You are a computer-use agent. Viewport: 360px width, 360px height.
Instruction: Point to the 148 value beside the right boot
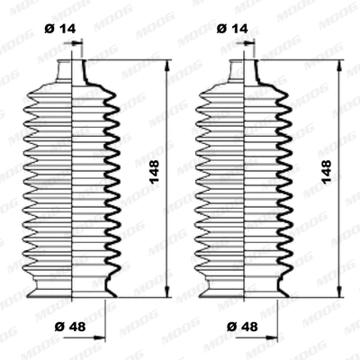(326, 168)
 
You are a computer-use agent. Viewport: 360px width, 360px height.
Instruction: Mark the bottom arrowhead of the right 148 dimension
(338, 294)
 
